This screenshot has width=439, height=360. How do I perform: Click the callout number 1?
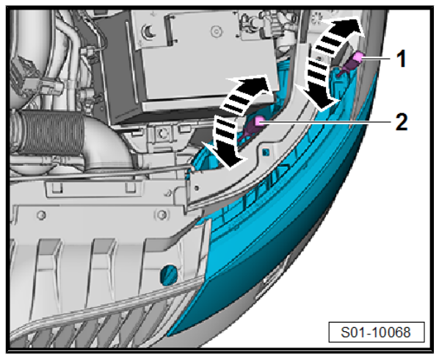point(401,59)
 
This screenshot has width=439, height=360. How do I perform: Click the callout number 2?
point(402,122)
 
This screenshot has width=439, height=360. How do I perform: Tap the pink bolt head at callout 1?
point(358,57)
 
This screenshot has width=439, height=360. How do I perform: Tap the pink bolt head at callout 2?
point(259,120)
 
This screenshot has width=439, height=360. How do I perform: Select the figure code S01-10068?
point(376,332)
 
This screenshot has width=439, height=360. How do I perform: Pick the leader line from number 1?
point(377,58)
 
